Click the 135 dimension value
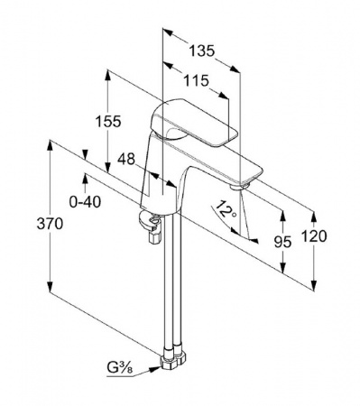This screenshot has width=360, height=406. pos(202,51)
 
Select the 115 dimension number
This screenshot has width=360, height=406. pos(196,80)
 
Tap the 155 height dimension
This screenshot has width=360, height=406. pos(108,121)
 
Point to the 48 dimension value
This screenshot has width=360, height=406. pos(126,159)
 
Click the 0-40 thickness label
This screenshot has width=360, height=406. pos(85,202)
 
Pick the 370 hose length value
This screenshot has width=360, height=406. pos(50,224)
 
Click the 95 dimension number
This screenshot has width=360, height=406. pos(282,242)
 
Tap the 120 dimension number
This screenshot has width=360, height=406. pos(314,236)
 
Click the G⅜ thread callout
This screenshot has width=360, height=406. pos(119,367)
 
